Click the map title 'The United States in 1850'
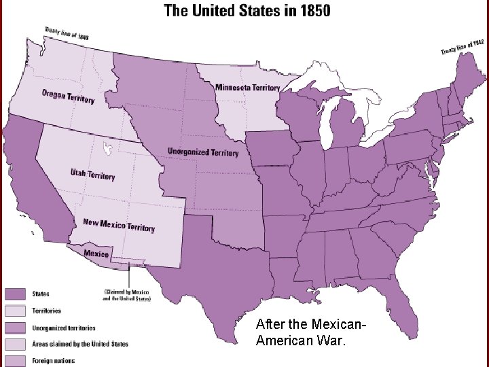(247, 11)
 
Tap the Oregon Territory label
(68, 96)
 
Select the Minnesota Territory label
(248, 88)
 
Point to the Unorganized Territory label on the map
(203, 152)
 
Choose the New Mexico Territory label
(119, 225)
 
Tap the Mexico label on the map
(96, 254)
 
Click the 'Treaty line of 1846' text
(66, 33)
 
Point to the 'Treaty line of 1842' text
(462, 47)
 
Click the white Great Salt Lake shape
(106, 147)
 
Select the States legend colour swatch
(16, 294)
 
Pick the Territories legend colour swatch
(16, 311)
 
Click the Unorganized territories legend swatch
(16, 328)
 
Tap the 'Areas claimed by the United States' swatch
(16, 344)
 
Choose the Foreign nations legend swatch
(16, 360)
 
